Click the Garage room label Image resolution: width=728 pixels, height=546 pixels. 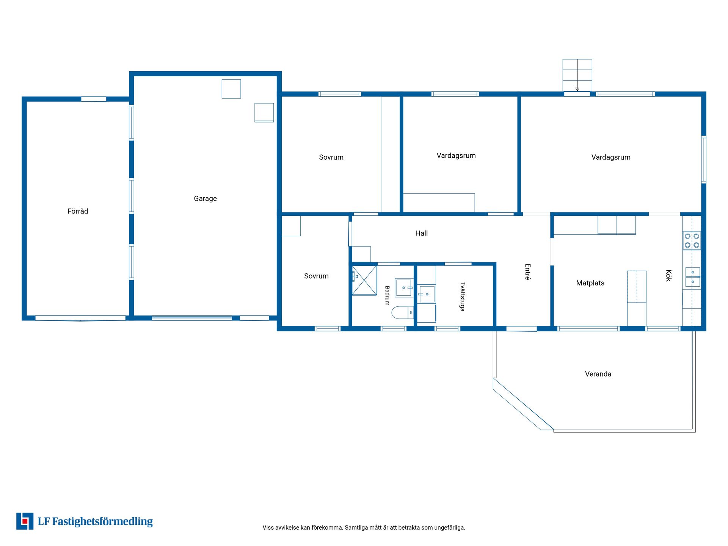click(x=205, y=199)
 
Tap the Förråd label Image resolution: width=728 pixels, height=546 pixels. click(x=78, y=211)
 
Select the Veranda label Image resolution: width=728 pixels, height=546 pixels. click(x=598, y=374)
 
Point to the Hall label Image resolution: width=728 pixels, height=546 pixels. click(x=421, y=233)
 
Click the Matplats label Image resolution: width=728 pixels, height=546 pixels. click(x=590, y=283)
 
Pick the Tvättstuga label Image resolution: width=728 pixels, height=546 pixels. click(x=462, y=297)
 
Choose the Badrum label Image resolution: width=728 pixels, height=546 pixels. click(x=387, y=296)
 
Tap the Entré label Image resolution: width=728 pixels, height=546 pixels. click(x=527, y=272)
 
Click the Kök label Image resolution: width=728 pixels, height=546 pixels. click(x=668, y=275)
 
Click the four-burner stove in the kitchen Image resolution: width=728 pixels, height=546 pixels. click(x=692, y=241)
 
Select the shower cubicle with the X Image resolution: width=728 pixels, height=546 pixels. click(x=364, y=281)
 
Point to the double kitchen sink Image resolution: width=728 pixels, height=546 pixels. click(x=693, y=277)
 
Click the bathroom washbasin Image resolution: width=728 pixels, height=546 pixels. click(x=404, y=288)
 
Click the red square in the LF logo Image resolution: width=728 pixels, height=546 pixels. click(x=25, y=521)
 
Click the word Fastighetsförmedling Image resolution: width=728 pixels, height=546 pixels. click(x=102, y=522)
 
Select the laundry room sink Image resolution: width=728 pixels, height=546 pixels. click(x=427, y=294)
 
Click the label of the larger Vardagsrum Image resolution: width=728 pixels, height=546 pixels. click(x=611, y=157)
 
